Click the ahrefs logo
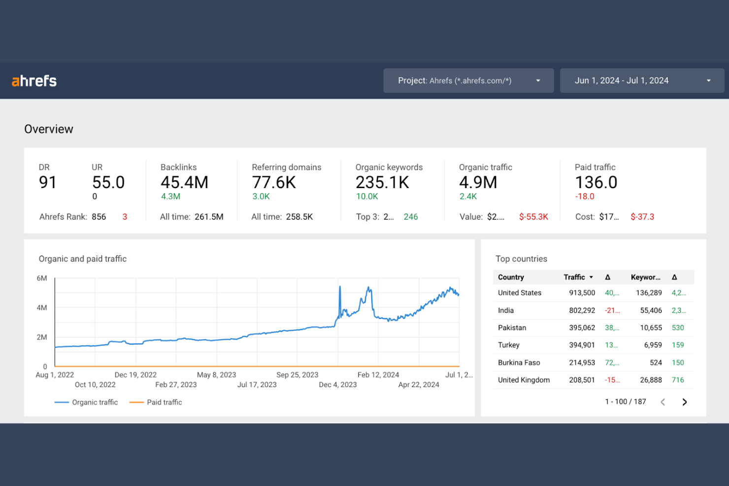34,81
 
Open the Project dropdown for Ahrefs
468,81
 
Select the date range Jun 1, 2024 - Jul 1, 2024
641,81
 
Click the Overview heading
49,129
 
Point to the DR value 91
48,183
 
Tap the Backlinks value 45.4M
184,183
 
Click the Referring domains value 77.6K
274,183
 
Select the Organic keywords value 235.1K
382,183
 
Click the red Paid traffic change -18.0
585,196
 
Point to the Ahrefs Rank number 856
99,217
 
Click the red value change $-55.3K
533,217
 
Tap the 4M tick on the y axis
42,308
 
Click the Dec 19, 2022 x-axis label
135,375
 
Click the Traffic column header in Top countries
574,277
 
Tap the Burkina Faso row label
519,362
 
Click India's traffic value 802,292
582,310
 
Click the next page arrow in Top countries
684,402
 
